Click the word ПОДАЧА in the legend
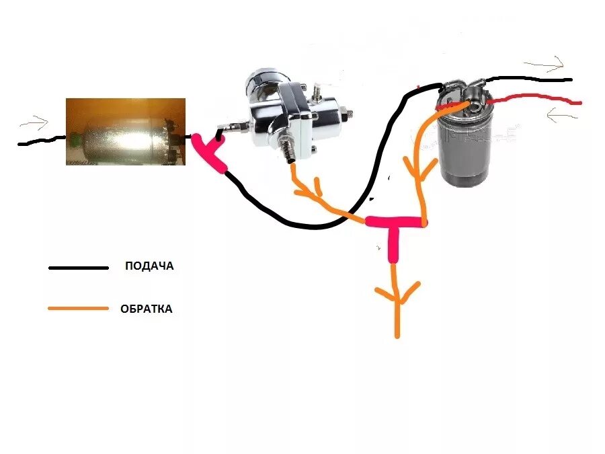click(149, 266)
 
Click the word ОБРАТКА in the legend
click(147, 309)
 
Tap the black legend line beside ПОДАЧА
click(79, 268)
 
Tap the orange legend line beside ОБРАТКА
click(79, 309)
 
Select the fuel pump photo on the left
click(125, 131)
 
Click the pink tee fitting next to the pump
click(208, 152)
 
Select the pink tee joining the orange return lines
click(395, 225)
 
